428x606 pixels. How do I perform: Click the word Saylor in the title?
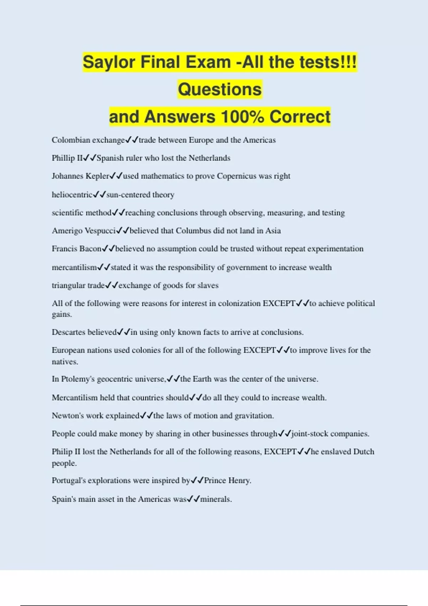109,62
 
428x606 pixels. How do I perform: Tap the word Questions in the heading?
220,89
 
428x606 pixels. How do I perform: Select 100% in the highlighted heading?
242,117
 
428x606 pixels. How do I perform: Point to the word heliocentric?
72,195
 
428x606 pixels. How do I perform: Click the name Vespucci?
100,231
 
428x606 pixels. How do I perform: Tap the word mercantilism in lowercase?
74,267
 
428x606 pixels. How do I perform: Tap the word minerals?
216,499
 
